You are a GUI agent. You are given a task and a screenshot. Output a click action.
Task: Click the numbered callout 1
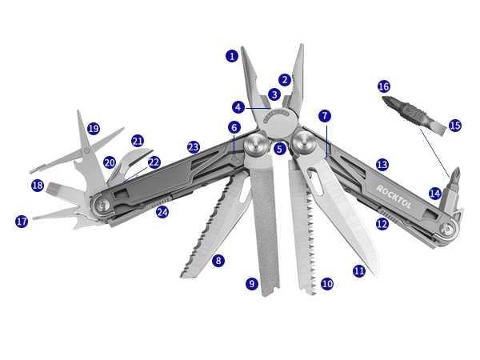click(x=232, y=56)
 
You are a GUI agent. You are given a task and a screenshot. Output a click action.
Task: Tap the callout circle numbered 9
click(x=252, y=283)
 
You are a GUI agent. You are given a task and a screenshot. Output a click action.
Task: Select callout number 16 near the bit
click(x=383, y=86)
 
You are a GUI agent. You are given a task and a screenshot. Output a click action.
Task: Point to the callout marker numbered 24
click(x=162, y=212)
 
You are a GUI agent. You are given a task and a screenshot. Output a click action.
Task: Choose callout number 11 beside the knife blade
click(x=358, y=271)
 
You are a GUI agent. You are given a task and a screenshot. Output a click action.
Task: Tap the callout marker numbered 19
click(x=94, y=129)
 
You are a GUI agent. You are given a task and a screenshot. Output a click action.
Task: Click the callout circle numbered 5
click(x=279, y=149)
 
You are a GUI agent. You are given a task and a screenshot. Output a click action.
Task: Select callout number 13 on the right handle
click(x=382, y=165)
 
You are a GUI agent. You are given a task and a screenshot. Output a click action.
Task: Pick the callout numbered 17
click(x=22, y=222)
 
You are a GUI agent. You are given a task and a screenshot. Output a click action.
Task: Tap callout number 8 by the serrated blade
click(x=218, y=260)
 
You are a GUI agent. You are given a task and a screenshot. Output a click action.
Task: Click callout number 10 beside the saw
click(x=326, y=283)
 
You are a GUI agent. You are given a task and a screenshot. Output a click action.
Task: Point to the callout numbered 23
click(x=193, y=147)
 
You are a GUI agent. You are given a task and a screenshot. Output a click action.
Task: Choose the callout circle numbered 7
click(x=324, y=116)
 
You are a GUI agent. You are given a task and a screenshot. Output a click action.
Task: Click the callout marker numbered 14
click(x=434, y=193)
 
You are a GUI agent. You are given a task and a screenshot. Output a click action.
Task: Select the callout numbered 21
click(x=138, y=141)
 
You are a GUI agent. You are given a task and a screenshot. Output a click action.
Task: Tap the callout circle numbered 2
click(x=285, y=80)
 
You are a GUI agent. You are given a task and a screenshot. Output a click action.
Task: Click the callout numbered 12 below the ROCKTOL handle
click(x=382, y=224)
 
